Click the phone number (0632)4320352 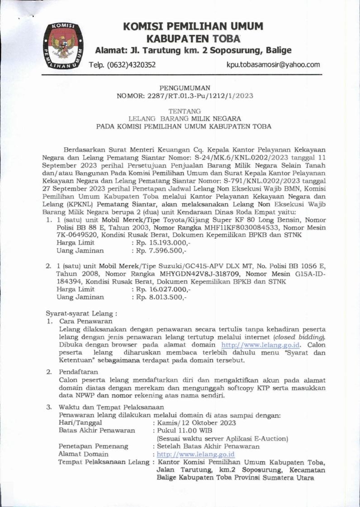130,65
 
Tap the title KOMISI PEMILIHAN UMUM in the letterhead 193,26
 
